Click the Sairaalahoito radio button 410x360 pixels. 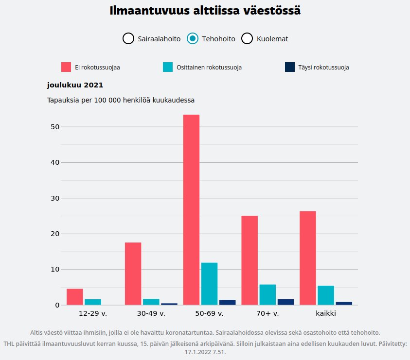(x=128, y=38)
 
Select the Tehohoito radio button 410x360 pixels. (x=193, y=38)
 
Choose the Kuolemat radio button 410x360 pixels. (x=247, y=38)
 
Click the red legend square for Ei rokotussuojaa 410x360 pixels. (x=66, y=67)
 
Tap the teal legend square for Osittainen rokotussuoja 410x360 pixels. (x=168, y=67)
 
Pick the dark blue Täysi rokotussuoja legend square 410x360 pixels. (x=290, y=67)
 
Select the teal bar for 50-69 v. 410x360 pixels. (x=209, y=284)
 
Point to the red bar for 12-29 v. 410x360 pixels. (x=75, y=297)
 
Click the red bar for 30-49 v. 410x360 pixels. (x=133, y=274)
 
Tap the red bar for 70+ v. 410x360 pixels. (x=250, y=260)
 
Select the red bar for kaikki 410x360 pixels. (x=308, y=258)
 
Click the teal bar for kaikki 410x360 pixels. (x=326, y=295)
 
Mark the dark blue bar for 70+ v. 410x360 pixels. (x=285, y=302)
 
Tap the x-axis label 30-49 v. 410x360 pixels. (x=151, y=313)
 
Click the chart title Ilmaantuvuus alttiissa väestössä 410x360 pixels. (x=205, y=11)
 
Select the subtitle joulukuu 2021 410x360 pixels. (x=75, y=85)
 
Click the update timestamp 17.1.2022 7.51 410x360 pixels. (x=205, y=352)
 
